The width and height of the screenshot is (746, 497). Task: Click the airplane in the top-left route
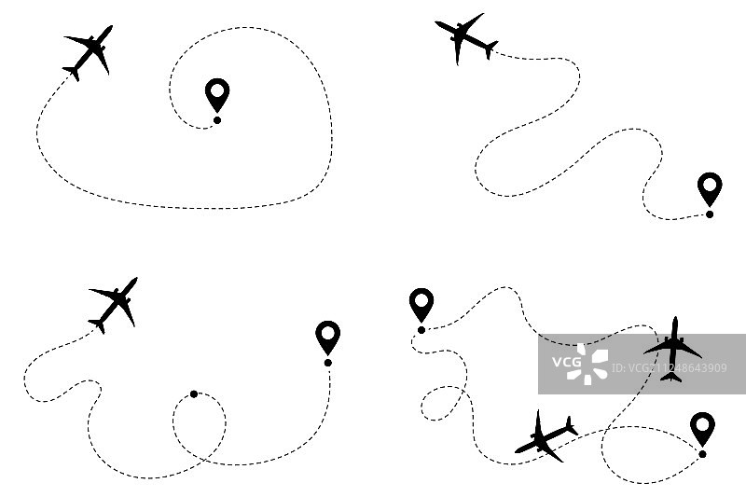point(89,52)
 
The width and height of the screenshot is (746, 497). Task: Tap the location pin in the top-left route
point(217,94)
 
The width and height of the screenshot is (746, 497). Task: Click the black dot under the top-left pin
point(217,119)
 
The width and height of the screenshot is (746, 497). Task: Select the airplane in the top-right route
point(464,38)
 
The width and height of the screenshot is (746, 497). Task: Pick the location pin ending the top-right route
point(710,187)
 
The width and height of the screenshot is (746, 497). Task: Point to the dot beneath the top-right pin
point(710,214)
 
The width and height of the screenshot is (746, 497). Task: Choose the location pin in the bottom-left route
point(327,336)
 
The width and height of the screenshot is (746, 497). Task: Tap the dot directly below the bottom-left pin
point(327,362)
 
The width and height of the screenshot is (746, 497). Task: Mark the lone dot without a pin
point(194,393)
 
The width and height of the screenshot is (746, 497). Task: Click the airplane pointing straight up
point(672,349)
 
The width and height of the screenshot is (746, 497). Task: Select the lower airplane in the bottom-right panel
point(546,436)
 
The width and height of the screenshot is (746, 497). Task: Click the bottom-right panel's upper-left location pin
point(421,304)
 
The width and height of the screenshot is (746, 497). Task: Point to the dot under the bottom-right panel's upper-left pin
point(421,329)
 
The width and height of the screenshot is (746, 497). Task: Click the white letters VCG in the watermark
point(566,361)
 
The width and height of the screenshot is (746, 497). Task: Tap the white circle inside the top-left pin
point(217,90)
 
